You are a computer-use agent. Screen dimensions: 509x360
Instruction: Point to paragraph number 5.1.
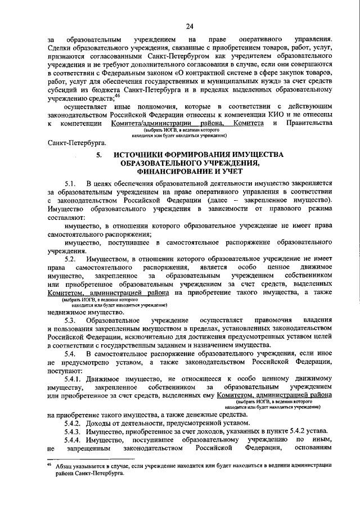(x=70, y=184)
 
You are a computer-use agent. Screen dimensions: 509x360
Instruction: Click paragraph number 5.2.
(x=70, y=259)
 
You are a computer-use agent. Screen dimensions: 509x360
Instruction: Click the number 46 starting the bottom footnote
(x=49, y=463)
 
